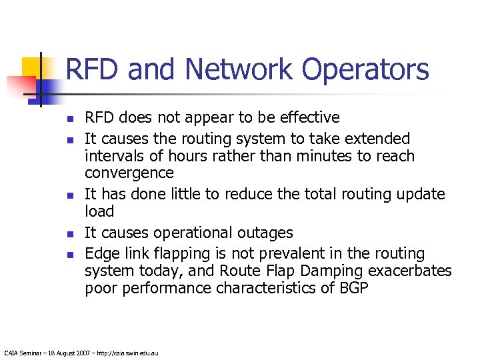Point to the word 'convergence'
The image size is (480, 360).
129,173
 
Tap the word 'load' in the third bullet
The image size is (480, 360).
99,211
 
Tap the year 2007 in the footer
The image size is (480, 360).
80,352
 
